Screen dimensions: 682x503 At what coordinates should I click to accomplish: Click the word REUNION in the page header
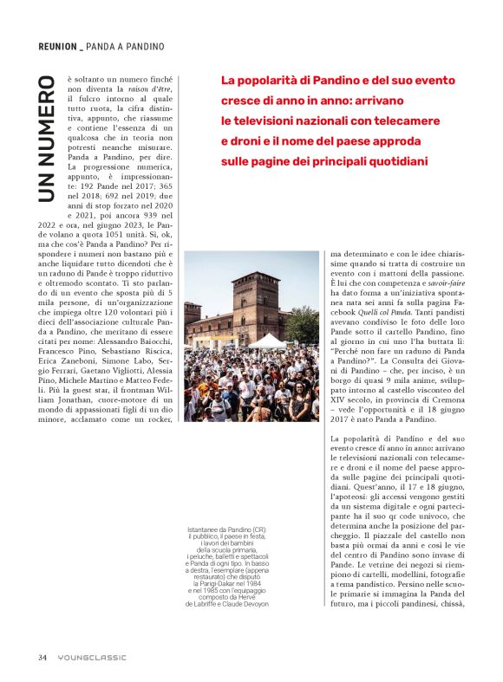(57, 45)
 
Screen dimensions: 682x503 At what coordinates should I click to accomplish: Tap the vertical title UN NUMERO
(48, 141)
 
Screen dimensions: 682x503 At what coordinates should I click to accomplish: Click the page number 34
(42, 657)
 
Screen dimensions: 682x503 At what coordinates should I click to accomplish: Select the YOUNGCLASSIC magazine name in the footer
(92, 657)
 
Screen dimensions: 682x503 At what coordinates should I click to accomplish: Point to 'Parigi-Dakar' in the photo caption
(238, 585)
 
